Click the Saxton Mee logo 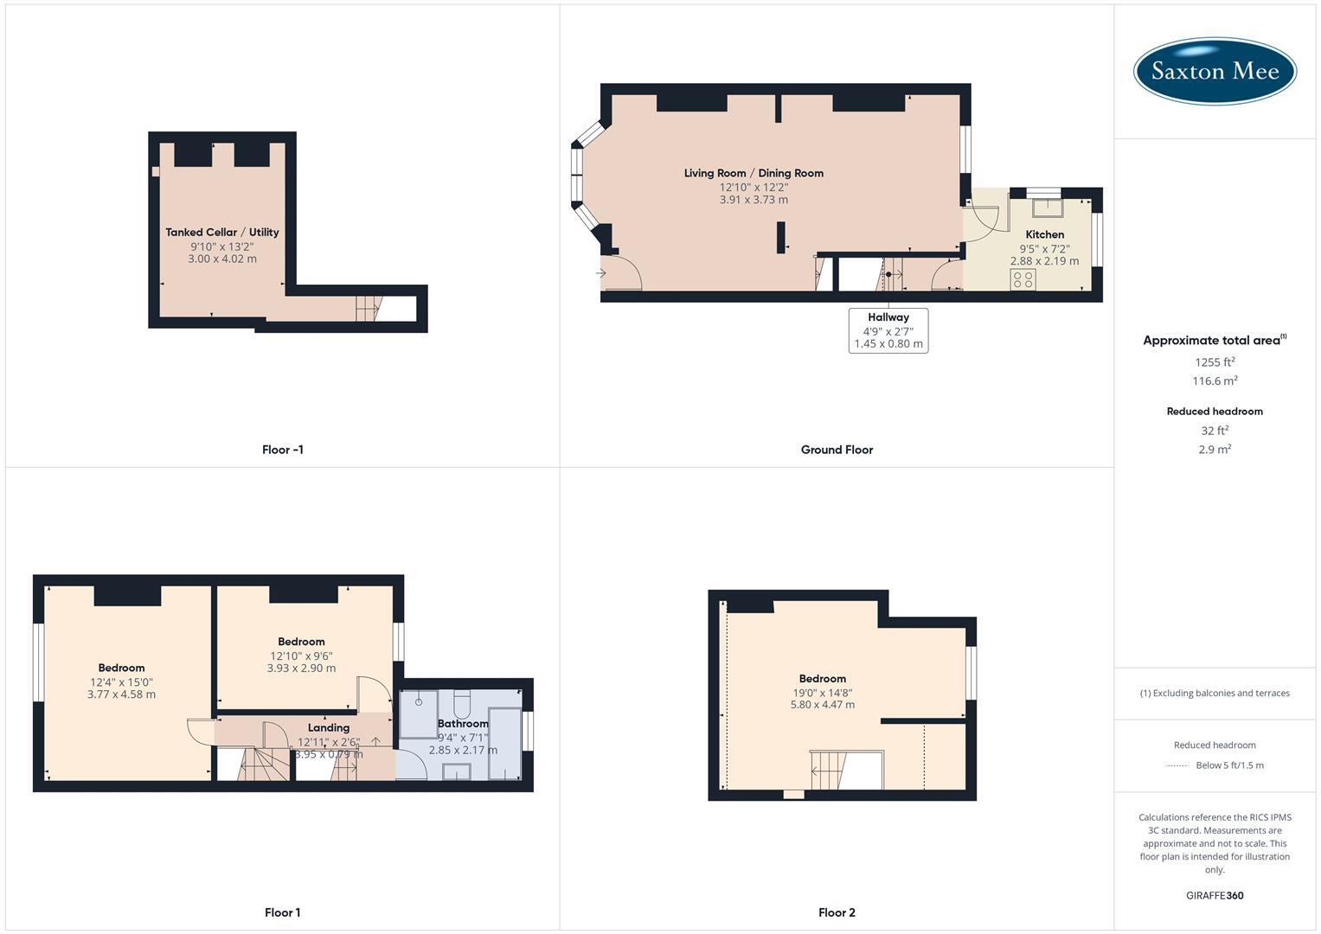pyautogui.click(x=1215, y=71)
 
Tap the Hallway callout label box pyautogui.click(x=888, y=330)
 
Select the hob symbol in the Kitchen pyautogui.click(x=1023, y=279)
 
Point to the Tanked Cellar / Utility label pyautogui.click(x=222, y=232)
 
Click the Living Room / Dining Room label pyautogui.click(x=753, y=173)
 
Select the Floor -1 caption pyautogui.click(x=283, y=450)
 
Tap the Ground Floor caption pyautogui.click(x=837, y=450)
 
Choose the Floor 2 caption pyautogui.click(x=837, y=912)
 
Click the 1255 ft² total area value pyautogui.click(x=1215, y=361)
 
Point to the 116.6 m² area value pyautogui.click(x=1215, y=381)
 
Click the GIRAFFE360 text pyautogui.click(x=1215, y=895)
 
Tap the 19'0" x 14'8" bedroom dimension pyautogui.click(x=822, y=692)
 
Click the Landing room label pyautogui.click(x=329, y=727)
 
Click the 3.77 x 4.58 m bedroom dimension pyautogui.click(x=121, y=694)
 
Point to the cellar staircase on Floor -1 pyautogui.click(x=368, y=308)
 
